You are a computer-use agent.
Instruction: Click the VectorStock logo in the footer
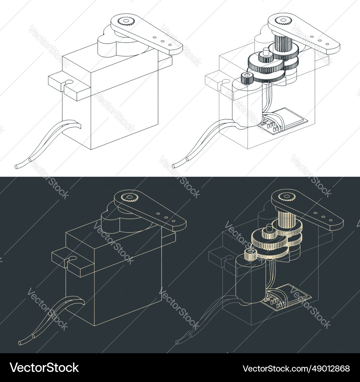point(44,368)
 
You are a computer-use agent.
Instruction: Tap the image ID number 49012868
point(296,368)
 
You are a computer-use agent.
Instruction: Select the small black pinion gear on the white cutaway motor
point(246,77)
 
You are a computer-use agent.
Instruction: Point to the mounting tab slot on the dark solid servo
point(72,259)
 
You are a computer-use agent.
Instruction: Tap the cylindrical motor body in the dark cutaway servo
point(249,281)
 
